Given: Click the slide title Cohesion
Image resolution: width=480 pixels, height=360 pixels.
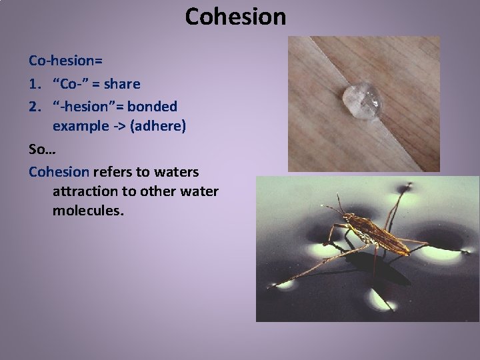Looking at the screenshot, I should [235, 17].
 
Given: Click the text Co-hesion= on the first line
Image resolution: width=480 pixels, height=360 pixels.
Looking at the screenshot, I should [65, 61].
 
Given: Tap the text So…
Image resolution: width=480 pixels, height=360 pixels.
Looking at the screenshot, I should [41, 149].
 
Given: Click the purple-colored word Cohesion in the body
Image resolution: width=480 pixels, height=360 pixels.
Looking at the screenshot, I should [59, 171].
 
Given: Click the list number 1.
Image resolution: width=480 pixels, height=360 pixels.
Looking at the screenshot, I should [33, 84].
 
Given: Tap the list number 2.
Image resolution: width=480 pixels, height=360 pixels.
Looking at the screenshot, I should [33, 106].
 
